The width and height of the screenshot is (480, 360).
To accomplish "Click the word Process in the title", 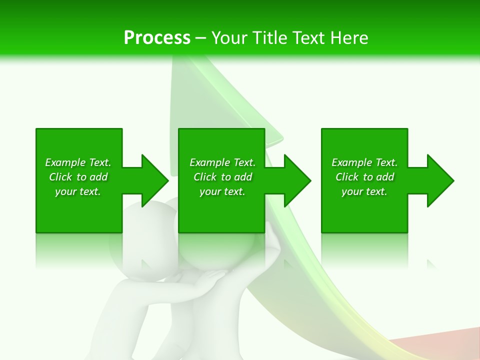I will [157, 38].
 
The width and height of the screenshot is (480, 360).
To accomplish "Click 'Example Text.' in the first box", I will [78, 162].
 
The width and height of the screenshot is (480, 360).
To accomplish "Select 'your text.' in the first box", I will [78, 191].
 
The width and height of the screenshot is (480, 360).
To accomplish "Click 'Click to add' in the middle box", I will [222, 177].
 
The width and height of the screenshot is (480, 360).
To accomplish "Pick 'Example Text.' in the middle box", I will [222, 162].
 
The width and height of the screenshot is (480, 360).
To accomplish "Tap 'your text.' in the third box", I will [364, 191].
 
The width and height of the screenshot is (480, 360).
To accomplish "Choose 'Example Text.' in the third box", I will [364, 162].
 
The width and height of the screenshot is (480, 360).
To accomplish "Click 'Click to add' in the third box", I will [364, 177].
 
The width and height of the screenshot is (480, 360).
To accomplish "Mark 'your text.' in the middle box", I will [222, 191].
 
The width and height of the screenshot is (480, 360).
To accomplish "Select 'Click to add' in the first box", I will [78, 177].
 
